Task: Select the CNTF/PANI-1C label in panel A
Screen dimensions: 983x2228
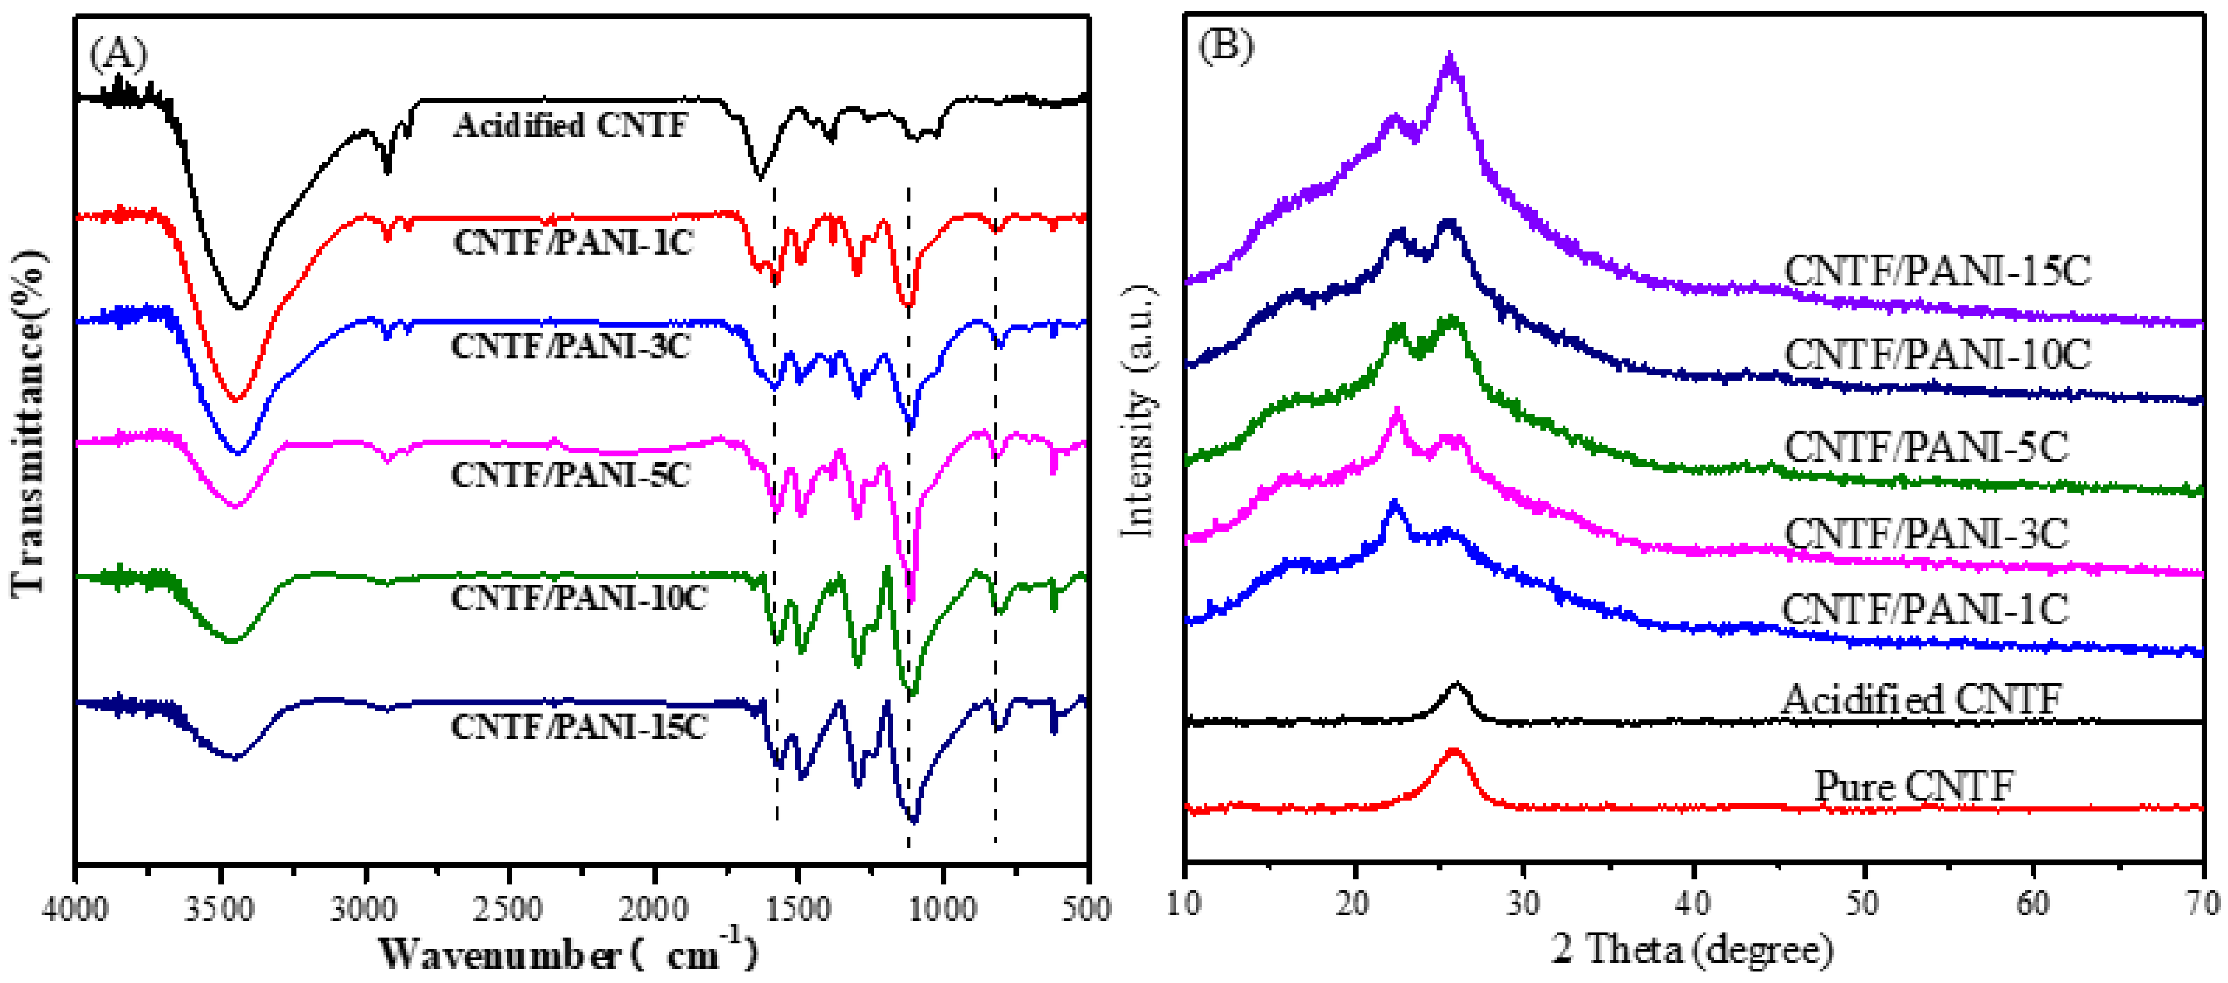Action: (x=572, y=243)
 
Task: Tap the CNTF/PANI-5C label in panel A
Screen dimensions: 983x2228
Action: (x=571, y=475)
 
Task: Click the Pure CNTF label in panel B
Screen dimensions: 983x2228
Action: (x=1913, y=785)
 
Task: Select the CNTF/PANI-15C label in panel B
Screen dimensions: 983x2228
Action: (x=1937, y=271)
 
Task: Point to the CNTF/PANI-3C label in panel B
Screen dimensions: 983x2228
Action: (x=1926, y=534)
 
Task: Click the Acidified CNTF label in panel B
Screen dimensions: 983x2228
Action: (x=1921, y=699)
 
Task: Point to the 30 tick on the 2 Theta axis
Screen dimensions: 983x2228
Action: (x=1523, y=904)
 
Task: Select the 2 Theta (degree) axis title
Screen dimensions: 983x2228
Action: (x=1693, y=949)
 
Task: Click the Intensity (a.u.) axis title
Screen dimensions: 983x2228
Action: (x=1138, y=411)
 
